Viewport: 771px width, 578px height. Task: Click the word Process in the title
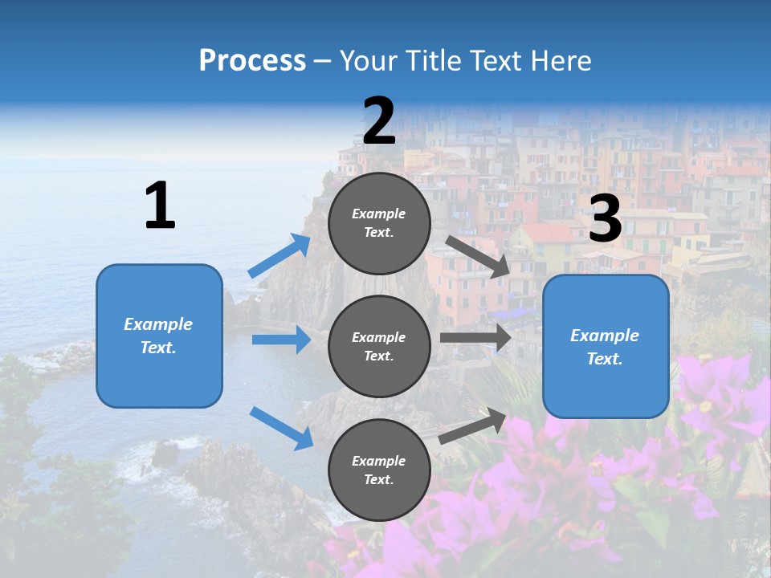[x=252, y=60]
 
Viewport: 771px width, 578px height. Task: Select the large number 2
[x=379, y=121]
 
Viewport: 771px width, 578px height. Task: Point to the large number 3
[x=606, y=218]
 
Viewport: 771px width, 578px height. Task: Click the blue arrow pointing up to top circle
[x=279, y=256]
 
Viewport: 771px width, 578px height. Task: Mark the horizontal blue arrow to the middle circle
[x=281, y=340]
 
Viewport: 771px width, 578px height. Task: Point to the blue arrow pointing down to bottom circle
[x=281, y=427]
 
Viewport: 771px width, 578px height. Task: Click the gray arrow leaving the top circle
[x=479, y=256]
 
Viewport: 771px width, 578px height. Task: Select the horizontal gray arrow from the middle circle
[x=475, y=338]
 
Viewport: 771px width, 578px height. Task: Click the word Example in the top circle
[x=379, y=214]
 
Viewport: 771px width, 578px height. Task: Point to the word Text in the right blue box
[x=604, y=359]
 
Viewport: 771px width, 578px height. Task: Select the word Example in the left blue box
[x=158, y=324]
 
